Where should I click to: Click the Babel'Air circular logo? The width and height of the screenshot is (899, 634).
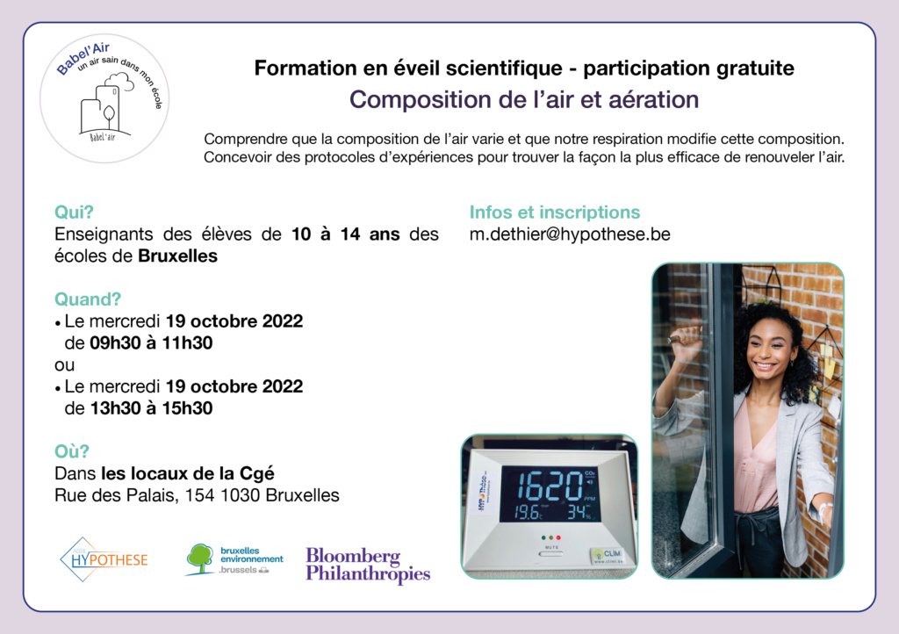point(104,98)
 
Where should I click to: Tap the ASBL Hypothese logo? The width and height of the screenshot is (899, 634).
point(104,559)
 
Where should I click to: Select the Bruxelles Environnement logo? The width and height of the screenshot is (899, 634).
point(234,559)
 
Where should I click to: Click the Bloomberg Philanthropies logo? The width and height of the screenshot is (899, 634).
point(368,565)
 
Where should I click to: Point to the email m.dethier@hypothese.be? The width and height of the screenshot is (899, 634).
point(570,234)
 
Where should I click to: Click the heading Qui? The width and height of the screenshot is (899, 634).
point(74,213)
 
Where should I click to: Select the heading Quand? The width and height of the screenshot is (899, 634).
point(88,299)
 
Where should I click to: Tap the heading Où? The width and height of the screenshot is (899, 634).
point(72,451)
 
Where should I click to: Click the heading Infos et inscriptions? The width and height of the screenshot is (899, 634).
point(555,213)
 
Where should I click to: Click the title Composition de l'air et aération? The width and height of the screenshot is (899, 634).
point(524,100)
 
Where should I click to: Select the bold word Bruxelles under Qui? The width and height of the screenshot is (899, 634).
point(177,256)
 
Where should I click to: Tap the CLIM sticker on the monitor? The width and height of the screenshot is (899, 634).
point(607,554)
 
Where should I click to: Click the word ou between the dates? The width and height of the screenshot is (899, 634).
point(64,365)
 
